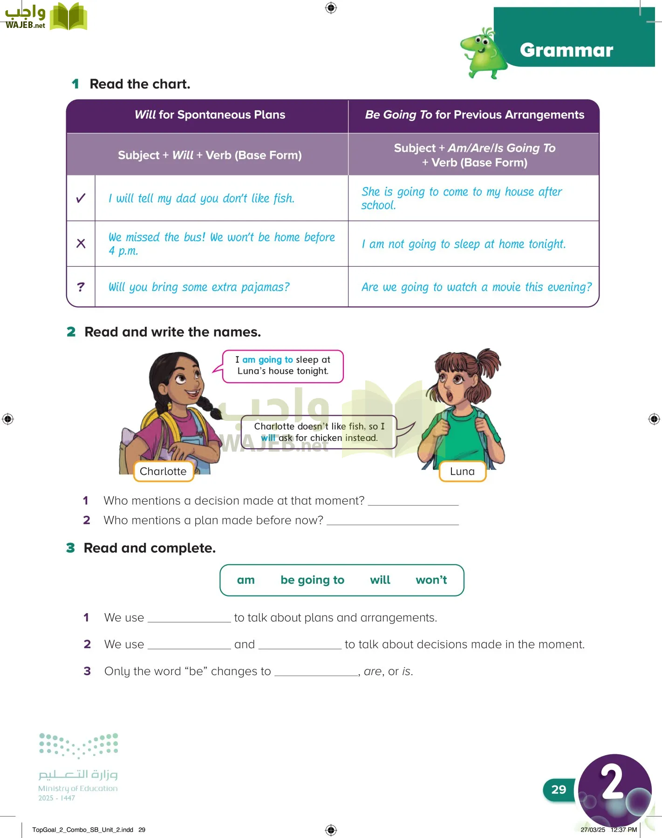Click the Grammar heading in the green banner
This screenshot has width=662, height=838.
[x=566, y=50]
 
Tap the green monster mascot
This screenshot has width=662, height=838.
[x=482, y=52]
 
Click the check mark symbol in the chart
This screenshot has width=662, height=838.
[x=81, y=198]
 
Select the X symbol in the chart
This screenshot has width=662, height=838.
[x=81, y=243]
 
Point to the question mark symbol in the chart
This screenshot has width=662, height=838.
[x=81, y=287]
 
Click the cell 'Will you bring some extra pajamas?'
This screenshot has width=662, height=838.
[x=199, y=287]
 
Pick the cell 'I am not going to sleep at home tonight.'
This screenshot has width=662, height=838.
[x=464, y=244]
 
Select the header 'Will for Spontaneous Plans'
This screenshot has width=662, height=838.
[x=210, y=115]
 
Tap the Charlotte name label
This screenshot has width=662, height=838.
[x=163, y=471]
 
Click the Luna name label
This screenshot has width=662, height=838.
[x=462, y=471]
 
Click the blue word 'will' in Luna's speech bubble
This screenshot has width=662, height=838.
[x=268, y=438]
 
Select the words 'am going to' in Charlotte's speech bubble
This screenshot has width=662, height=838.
[x=267, y=359]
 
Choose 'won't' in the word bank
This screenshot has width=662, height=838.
[x=431, y=580]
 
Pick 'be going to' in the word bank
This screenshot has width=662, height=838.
[x=312, y=580]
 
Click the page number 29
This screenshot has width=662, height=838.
[x=559, y=790]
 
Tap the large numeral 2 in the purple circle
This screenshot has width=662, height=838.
[x=612, y=782]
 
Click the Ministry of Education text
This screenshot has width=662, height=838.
[x=78, y=788]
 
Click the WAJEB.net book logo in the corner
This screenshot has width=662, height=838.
[x=68, y=17]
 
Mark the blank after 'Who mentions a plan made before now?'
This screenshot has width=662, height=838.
[x=393, y=520]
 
